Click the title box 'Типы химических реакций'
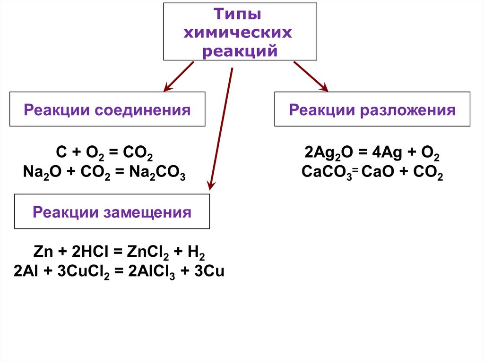[x=240, y=32]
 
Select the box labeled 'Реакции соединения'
[x=107, y=109]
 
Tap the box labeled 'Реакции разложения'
[x=372, y=109]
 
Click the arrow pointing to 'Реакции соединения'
[x=179, y=76]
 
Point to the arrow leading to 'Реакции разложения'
[x=311, y=76]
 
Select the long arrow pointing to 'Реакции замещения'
[x=222, y=127]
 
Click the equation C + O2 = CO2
[x=104, y=154]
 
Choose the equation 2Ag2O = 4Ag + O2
[x=372, y=154]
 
